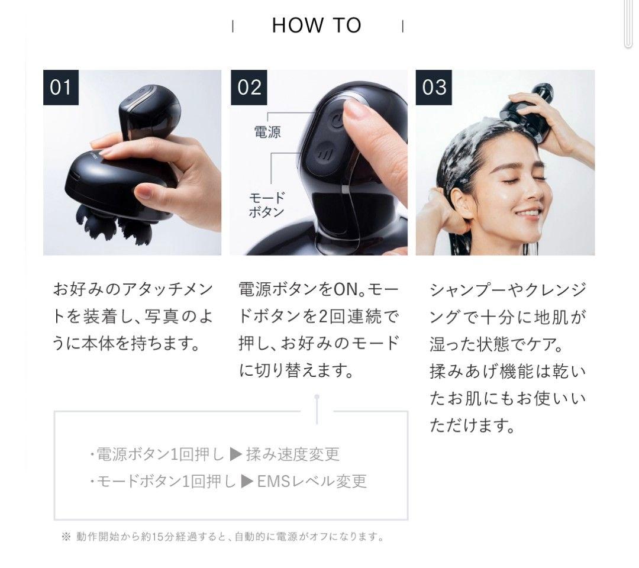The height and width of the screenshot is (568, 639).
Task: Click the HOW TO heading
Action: coord(317,25)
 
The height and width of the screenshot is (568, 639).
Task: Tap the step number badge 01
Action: coord(61,88)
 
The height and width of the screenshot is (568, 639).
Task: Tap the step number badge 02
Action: coord(248,88)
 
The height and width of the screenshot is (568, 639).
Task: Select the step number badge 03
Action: coord(434,88)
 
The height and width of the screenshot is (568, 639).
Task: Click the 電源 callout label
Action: coord(267,132)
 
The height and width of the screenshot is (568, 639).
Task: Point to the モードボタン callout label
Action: coord(266,205)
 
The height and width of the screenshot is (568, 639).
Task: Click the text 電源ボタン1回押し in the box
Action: coord(160,454)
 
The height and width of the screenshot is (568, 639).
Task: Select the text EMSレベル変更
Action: coord(312,481)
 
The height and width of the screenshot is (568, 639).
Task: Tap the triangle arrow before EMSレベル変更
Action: coord(247,481)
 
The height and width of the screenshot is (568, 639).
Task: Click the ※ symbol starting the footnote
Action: coord(66,537)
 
